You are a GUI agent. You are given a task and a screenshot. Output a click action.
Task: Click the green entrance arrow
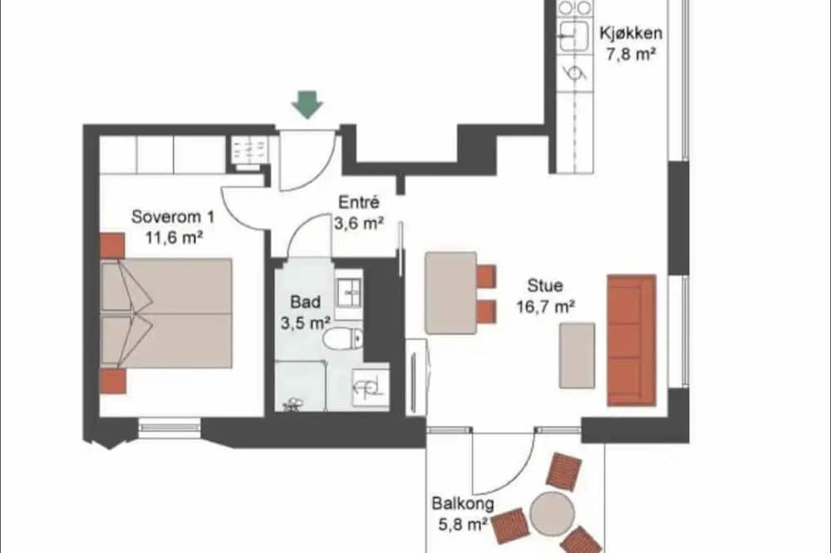tap(307, 105)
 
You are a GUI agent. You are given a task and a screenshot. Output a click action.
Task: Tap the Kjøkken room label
tap(631, 33)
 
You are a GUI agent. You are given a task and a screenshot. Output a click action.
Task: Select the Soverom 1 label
tap(174, 217)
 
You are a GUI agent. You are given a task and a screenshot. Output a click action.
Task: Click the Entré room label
tap(359, 202)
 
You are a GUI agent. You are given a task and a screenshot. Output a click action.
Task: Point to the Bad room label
tap(305, 302)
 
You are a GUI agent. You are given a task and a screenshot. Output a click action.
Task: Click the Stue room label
tap(545, 286)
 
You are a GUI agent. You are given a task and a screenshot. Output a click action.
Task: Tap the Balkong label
tap(463, 503)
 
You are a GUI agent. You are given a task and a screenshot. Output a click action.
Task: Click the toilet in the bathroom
tap(343, 339)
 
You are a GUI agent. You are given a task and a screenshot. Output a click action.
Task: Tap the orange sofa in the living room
tap(632, 340)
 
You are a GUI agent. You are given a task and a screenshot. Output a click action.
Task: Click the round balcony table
tap(553, 513)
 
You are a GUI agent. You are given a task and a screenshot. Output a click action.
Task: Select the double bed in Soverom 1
tap(166, 313)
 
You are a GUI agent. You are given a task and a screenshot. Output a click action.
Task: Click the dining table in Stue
tap(451, 293)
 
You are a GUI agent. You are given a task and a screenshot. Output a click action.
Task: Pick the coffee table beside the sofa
tap(578, 355)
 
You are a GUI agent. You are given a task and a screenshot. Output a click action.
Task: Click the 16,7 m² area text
tap(546, 306)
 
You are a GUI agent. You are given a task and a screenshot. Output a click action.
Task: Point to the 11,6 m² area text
tap(175, 237)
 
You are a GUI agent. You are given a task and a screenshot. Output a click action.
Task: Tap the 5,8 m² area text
tap(463, 525)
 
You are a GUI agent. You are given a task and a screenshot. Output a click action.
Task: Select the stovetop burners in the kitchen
tap(574, 7)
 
